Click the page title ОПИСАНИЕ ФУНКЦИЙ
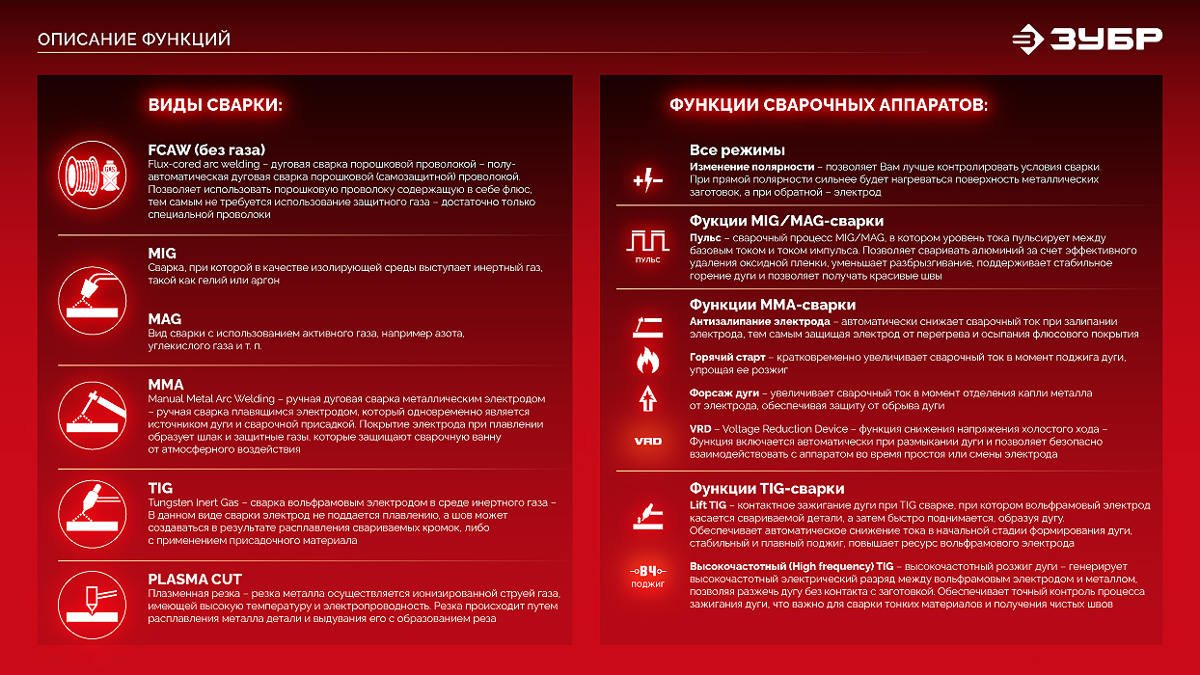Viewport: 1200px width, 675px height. [134, 40]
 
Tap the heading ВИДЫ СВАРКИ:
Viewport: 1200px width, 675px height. [215, 105]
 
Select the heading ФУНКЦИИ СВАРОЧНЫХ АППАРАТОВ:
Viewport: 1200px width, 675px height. [829, 105]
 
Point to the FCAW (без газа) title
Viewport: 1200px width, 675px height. [206, 149]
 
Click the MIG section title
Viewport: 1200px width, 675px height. [162, 254]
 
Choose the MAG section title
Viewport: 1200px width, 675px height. [165, 319]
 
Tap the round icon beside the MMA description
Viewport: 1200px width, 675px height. [93, 414]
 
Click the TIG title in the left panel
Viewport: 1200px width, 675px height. [160, 489]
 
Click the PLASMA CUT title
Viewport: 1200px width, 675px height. [195, 579]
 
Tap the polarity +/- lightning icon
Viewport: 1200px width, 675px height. [646, 180]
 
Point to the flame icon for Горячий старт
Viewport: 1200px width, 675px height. [646, 362]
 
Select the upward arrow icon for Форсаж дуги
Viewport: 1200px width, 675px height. [646, 397]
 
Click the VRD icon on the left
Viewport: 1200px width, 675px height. [647, 441]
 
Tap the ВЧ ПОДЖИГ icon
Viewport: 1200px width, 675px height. [647, 576]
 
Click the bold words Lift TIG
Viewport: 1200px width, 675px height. [708, 505]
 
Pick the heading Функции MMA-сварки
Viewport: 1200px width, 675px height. [772, 305]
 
